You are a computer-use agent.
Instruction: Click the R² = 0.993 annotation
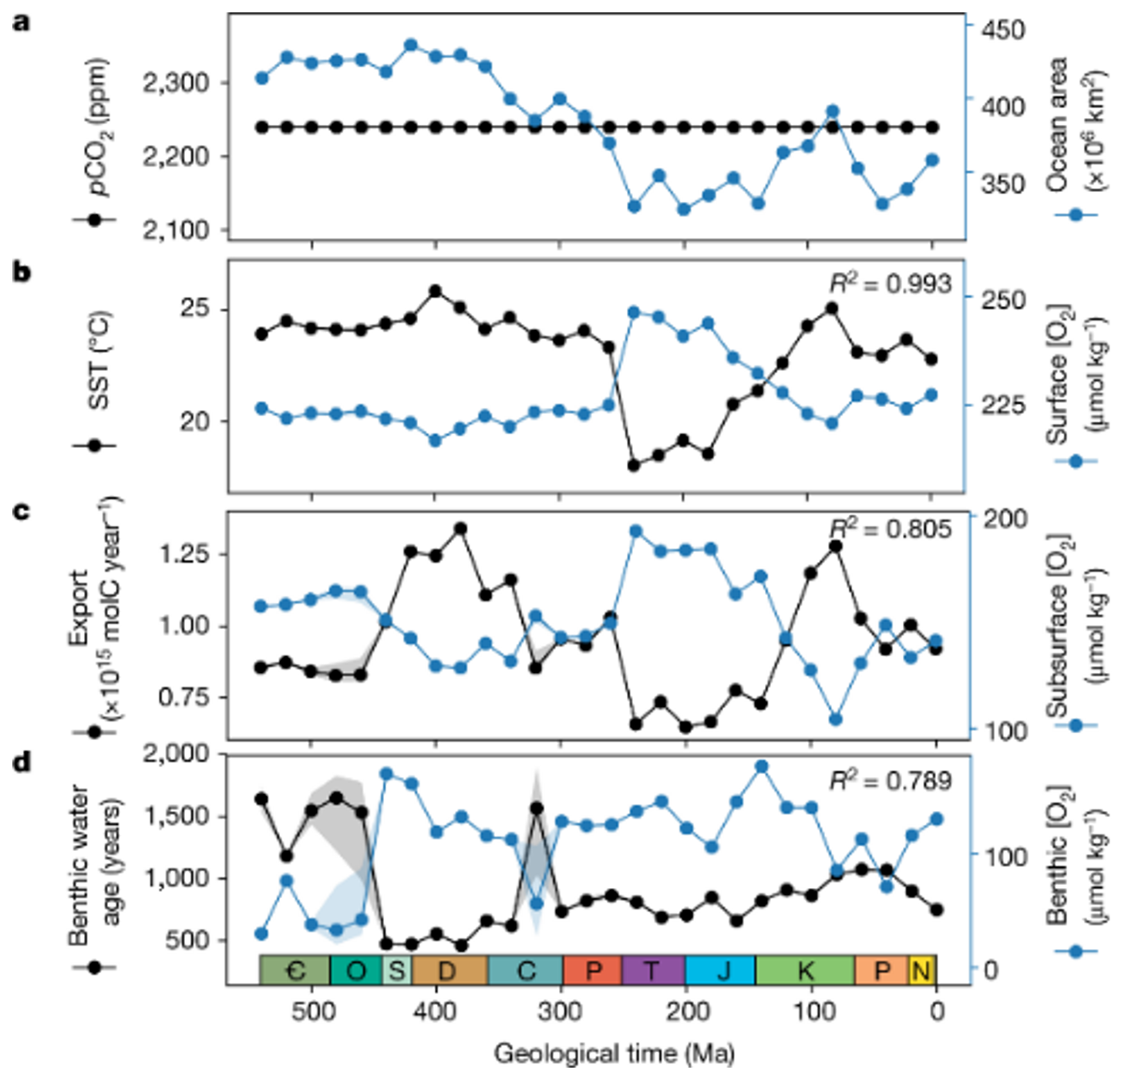point(891,284)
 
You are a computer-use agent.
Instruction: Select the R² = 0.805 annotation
point(891,529)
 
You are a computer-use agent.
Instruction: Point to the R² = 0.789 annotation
point(891,781)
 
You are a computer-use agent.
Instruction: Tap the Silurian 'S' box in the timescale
point(396,970)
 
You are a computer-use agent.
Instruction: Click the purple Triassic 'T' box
point(653,970)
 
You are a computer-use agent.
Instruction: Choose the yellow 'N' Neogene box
point(922,970)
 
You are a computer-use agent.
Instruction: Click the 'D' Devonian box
point(449,970)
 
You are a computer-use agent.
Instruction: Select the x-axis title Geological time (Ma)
point(614,1053)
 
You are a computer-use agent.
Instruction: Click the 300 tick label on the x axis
point(560,1011)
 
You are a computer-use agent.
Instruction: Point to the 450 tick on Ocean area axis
point(1003,30)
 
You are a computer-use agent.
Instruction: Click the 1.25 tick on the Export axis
point(184,553)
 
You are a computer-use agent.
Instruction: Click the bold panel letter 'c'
point(22,511)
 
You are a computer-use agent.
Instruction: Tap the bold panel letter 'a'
point(22,22)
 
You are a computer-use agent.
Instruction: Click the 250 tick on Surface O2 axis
point(1003,300)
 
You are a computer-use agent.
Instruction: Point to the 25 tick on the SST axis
point(194,308)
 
